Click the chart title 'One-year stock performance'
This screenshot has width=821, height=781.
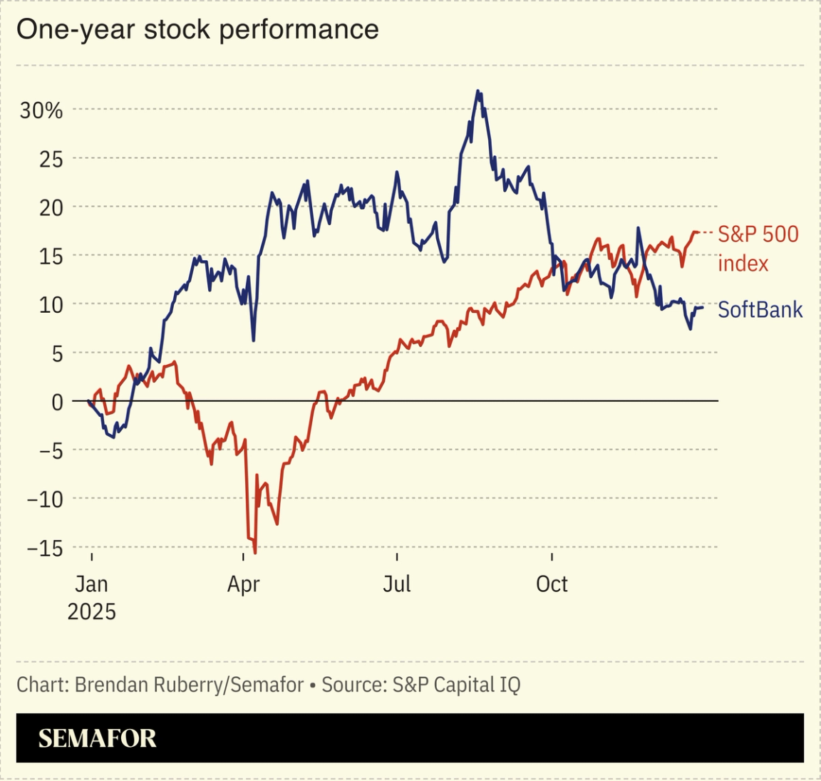click(197, 30)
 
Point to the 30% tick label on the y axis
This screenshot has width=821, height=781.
click(41, 110)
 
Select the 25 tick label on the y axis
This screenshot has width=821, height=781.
click(51, 160)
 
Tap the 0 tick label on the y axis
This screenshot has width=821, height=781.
click(57, 402)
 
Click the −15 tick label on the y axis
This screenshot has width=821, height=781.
click(45, 549)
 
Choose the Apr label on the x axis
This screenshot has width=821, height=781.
click(243, 584)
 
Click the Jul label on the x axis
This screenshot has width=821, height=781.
click(396, 584)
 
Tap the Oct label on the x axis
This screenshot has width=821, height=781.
click(552, 584)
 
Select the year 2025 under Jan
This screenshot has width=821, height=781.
click(91, 612)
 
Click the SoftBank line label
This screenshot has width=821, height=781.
click(760, 310)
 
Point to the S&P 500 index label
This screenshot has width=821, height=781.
click(758, 249)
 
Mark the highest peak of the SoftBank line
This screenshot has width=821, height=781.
click(478, 91)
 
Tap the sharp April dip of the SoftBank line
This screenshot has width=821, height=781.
click(254, 340)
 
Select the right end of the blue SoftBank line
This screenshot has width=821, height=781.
click(703, 308)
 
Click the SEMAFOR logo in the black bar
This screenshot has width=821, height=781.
click(97, 738)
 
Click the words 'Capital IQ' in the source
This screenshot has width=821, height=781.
click(477, 685)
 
